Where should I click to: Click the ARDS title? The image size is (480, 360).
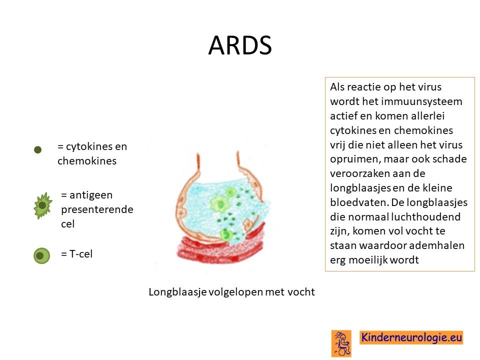240,45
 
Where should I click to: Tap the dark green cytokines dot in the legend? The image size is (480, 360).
37,149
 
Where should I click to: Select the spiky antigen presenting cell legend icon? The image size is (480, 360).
42,205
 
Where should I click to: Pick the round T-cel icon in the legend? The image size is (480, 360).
41,255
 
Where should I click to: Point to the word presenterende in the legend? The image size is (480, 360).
97,209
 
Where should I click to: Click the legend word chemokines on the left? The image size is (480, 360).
87,160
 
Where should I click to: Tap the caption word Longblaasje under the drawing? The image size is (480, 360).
177,292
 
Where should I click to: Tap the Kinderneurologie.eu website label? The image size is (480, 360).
411,337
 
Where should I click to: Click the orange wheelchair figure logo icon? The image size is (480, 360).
341,343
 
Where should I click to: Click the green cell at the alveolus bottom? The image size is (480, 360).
226,235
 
